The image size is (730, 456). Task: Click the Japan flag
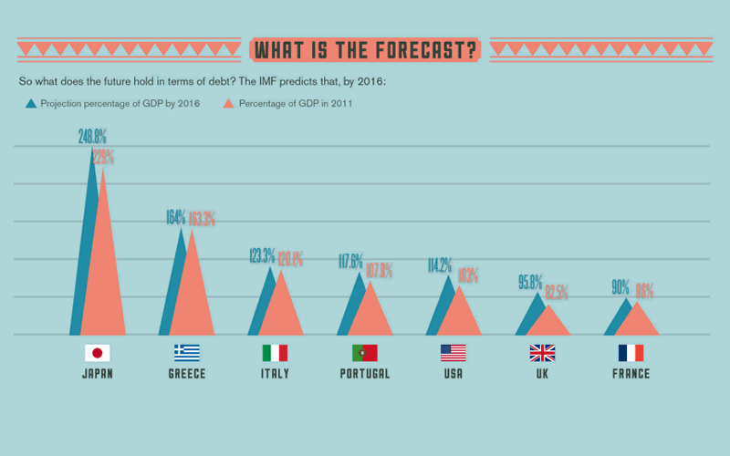point(98,353)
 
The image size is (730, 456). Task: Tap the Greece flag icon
point(187,353)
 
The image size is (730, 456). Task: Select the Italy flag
point(275,353)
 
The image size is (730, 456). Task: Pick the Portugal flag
point(364,353)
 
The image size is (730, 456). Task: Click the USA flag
point(453,353)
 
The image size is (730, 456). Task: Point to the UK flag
point(542,353)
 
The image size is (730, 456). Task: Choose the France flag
point(631,353)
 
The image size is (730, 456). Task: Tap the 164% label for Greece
point(175,217)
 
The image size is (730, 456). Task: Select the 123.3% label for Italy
point(263,256)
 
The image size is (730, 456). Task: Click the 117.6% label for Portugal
point(350,262)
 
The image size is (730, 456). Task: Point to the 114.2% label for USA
point(440,265)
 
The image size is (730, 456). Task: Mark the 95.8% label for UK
point(530,282)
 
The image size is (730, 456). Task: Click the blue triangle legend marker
point(32,103)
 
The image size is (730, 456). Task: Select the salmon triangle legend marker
point(229,103)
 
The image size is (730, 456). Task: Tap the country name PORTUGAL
point(364,374)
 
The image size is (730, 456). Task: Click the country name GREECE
point(187,374)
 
